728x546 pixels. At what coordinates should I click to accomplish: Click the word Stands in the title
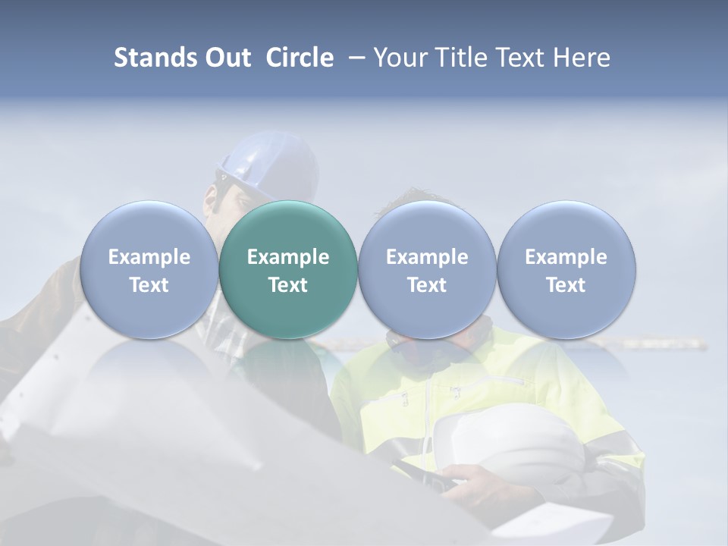tap(154, 58)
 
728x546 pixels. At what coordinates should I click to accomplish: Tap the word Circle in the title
tap(300, 58)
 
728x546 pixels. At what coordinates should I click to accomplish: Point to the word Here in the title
tap(582, 58)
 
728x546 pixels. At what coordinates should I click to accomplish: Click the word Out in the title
tap(227, 58)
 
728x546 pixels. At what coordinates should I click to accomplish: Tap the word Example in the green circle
tap(288, 257)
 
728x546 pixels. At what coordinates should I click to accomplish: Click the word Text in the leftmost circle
tap(149, 285)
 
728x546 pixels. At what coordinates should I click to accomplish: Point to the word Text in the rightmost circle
tap(566, 285)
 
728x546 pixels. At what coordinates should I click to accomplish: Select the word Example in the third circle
tap(427, 257)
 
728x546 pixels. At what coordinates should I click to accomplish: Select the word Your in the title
tap(400, 58)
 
